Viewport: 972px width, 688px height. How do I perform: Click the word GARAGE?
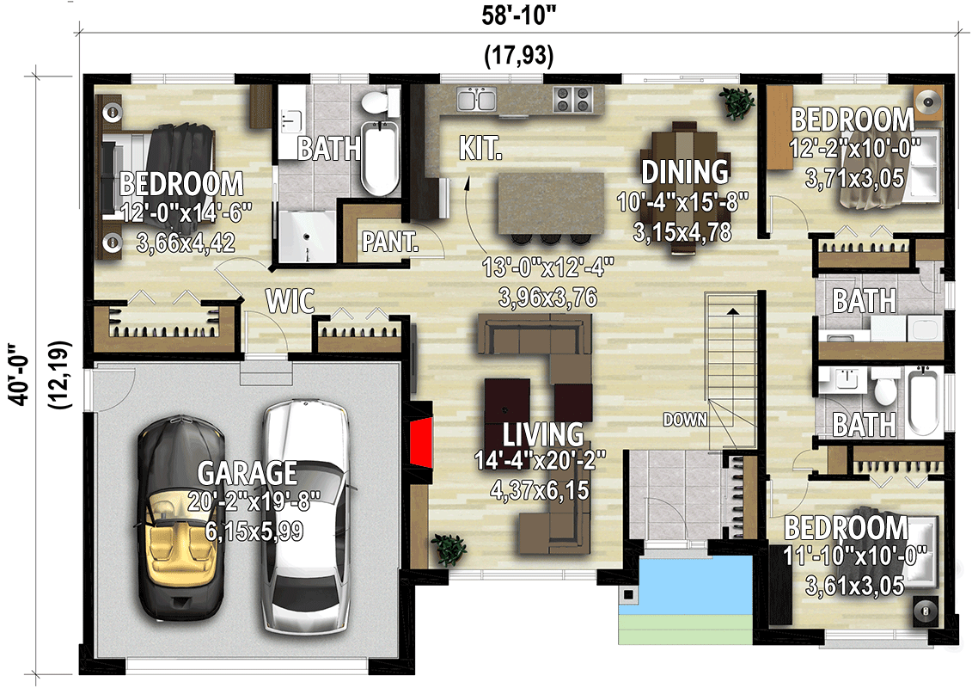(248, 474)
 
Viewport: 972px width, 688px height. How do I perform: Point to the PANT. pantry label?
(389, 242)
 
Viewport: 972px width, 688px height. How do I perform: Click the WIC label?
(290, 302)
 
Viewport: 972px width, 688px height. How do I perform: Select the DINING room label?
(685, 172)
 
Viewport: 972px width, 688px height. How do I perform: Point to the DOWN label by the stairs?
(684, 420)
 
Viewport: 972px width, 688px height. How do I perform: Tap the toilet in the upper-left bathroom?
(375, 105)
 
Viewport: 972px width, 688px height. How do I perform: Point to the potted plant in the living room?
(448, 548)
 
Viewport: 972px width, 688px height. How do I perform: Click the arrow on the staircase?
(732, 310)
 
